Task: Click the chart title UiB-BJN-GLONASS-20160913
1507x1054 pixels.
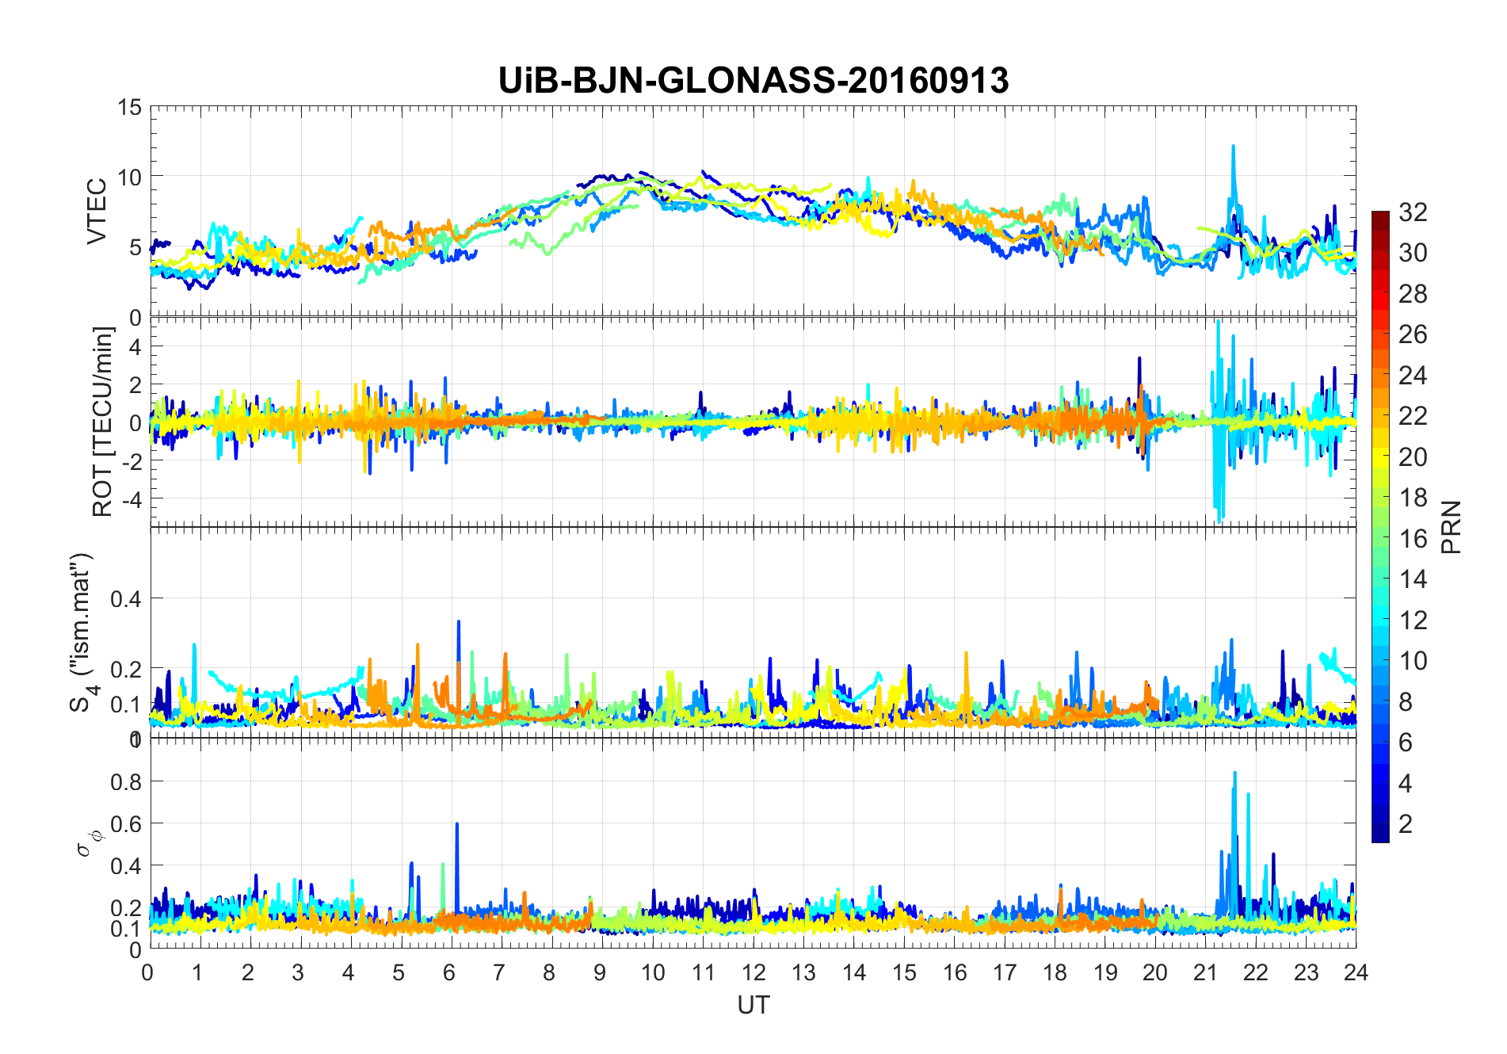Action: point(753,81)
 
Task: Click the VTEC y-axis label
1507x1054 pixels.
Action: point(97,212)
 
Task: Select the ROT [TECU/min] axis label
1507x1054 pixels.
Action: point(103,422)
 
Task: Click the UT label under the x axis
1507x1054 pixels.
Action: point(753,1005)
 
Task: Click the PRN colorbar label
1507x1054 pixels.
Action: point(1452,527)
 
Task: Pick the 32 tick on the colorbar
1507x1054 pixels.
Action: point(1413,212)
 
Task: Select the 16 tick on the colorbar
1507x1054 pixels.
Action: point(1413,539)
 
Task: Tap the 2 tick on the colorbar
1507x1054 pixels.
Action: point(1406,824)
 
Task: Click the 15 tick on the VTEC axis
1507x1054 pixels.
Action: point(129,107)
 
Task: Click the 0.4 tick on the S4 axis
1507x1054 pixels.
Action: point(125,598)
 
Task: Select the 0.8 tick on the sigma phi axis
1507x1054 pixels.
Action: point(125,781)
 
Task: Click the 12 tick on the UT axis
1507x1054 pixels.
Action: point(753,972)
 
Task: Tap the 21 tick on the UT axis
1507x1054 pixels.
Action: point(1205,972)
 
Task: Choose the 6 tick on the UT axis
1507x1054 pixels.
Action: point(449,972)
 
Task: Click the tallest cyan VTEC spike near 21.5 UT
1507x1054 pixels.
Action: point(1233,147)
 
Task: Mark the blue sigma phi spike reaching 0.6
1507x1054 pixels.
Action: point(457,826)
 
